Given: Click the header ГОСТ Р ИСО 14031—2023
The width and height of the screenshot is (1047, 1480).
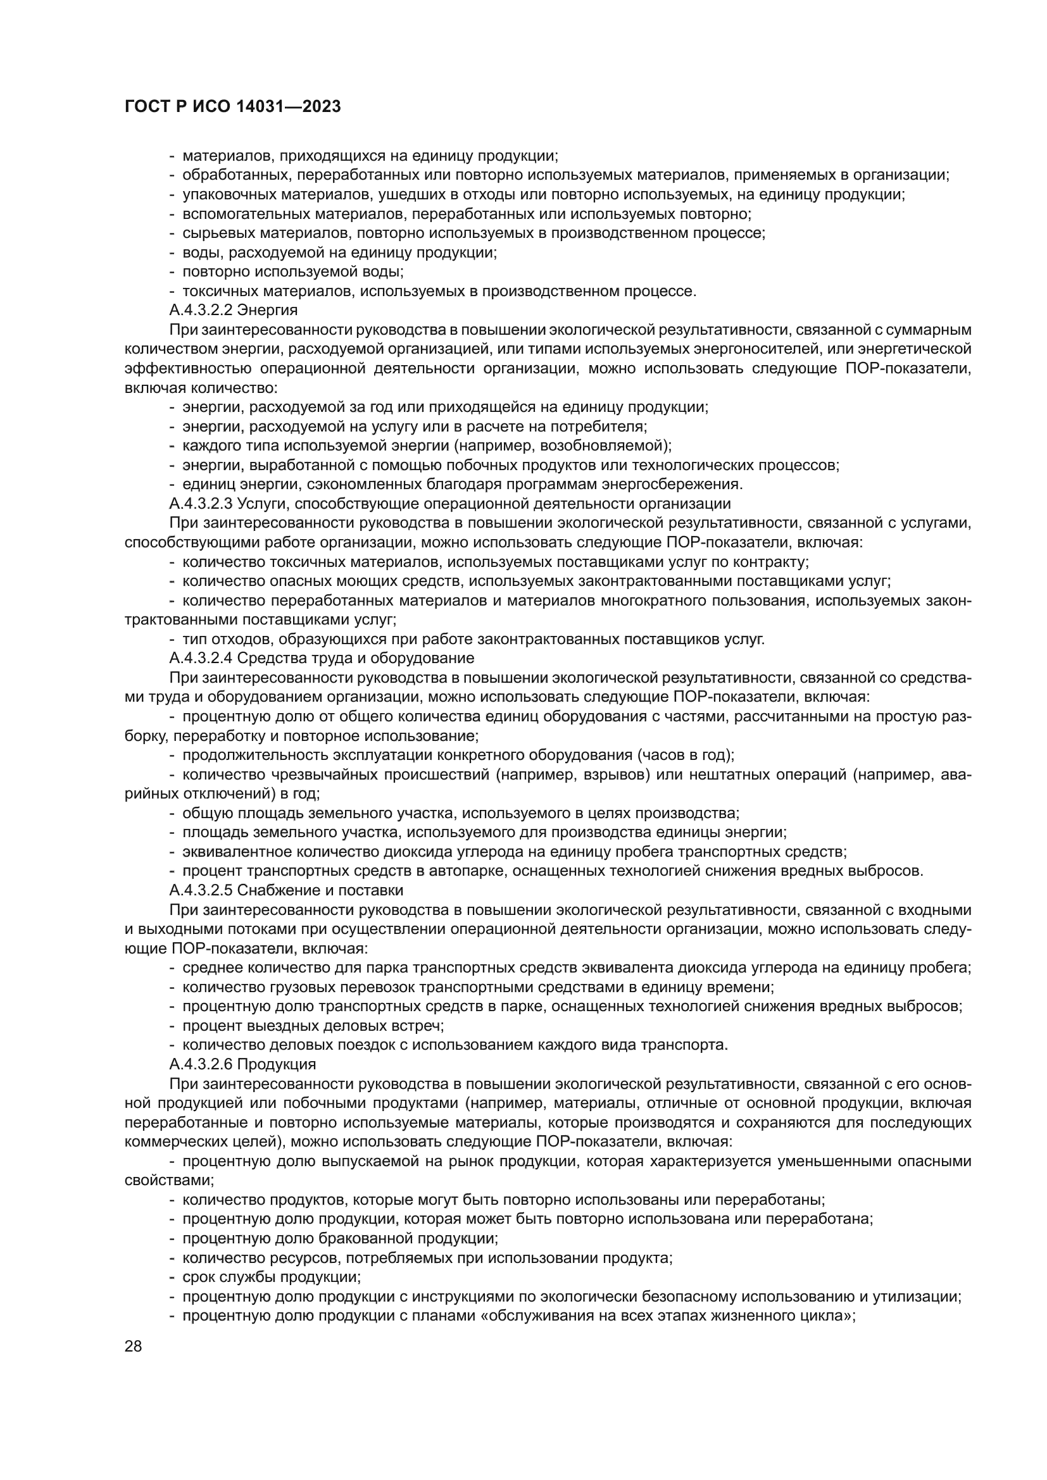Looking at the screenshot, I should coord(232,107).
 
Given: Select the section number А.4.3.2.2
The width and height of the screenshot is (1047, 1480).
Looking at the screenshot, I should coord(201,310).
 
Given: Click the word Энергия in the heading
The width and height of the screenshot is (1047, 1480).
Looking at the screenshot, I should coord(268,310).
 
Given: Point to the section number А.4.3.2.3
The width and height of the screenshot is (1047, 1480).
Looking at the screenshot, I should coord(201,504).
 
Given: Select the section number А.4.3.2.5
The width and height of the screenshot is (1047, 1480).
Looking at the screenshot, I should coord(201,890).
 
